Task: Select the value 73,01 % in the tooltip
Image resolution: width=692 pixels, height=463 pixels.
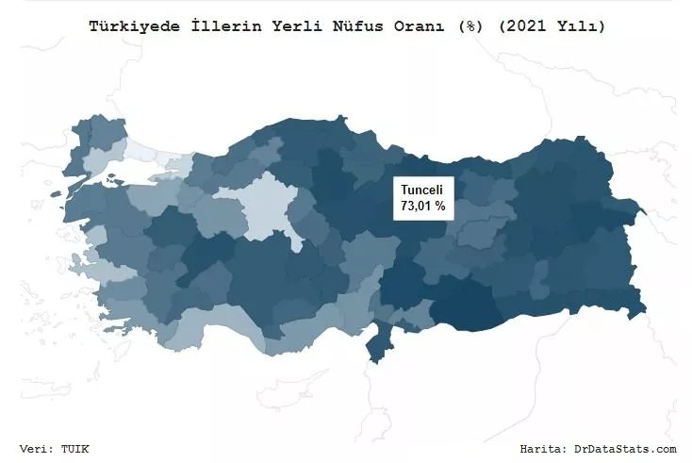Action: tap(423, 204)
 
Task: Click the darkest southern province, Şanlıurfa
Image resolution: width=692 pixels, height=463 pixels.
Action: tap(462, 306)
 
